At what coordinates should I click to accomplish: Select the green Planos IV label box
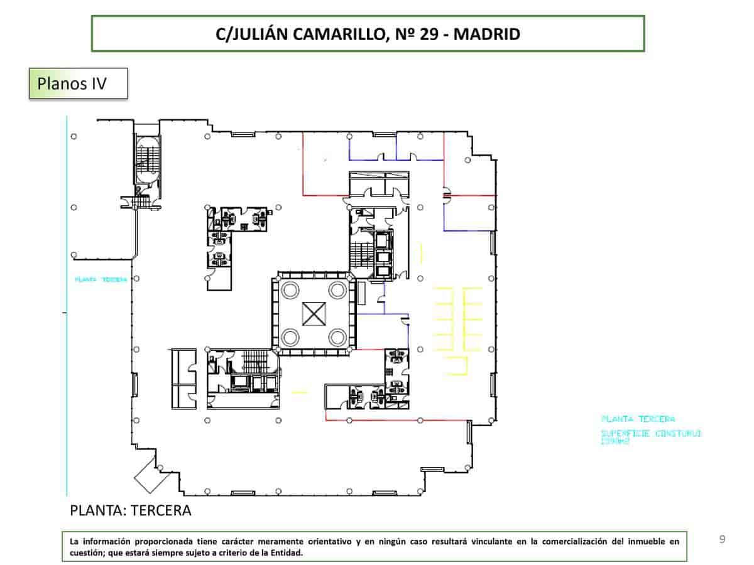79,83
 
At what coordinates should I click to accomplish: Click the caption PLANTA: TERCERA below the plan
130,510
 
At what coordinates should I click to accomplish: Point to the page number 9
722,539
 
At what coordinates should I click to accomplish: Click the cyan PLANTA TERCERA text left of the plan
101,279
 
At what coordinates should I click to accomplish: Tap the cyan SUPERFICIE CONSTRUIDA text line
650,434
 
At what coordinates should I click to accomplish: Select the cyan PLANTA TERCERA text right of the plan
638,419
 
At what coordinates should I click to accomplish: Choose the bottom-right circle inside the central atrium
337,337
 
